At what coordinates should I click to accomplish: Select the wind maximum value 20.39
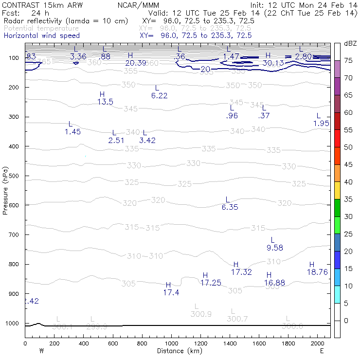[x=136, y=63]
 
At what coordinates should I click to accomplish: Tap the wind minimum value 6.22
[x=159, y=96]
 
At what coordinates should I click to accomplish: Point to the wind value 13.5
[x=105, y=102]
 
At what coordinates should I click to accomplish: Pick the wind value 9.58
[x=275, y=248]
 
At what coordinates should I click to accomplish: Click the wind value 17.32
[x=241, y=272]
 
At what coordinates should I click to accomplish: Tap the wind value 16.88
[x=274, y=283]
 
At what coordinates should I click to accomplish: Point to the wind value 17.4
[x=171, y=292]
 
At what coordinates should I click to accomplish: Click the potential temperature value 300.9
[x=201, y=314]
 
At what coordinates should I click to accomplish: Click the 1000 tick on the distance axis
[x=171, y=343]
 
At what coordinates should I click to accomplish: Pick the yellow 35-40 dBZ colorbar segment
[x=337, y=191]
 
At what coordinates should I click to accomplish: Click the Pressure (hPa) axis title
[x=6, y=191]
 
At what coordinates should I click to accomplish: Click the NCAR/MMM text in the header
[x=138, y=5]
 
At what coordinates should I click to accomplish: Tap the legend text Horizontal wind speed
[x=42, y=36]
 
